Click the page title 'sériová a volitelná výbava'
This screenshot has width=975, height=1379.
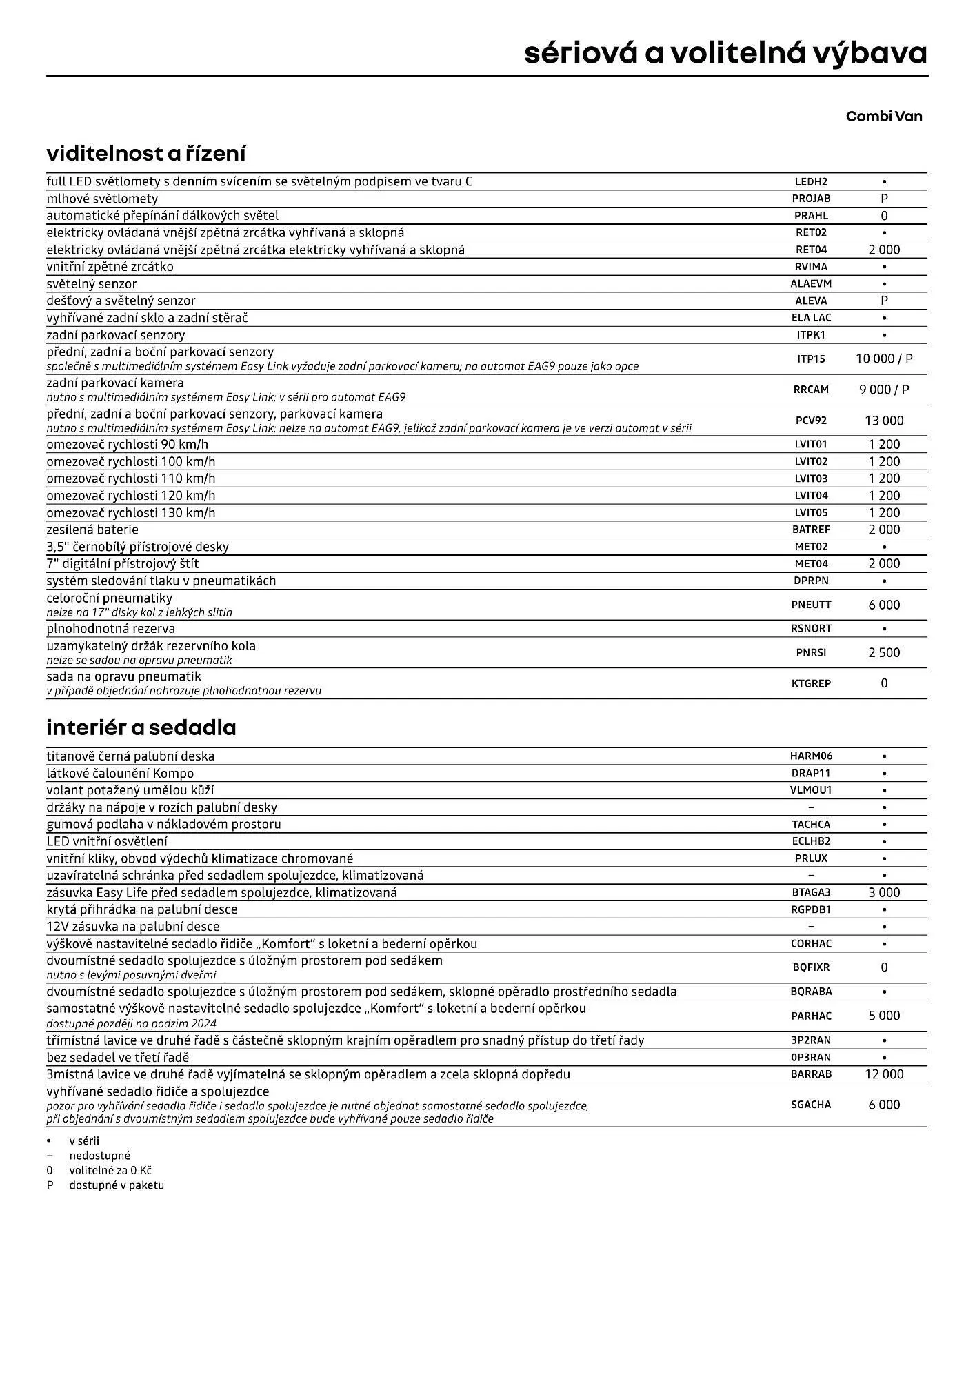point(725,53)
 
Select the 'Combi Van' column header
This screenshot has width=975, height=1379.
point(883,116)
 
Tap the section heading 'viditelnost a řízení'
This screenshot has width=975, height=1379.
point(145,153)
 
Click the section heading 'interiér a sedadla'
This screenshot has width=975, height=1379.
point(141,727)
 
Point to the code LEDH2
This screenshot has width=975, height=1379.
point(811,182)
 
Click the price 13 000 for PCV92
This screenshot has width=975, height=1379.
point(884,421)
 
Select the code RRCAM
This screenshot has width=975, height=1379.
point(811,390)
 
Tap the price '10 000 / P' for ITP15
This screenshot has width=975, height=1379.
point(884,359)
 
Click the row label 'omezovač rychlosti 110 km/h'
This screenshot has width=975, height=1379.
point(131,479)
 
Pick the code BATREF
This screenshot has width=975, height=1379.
point(811,530)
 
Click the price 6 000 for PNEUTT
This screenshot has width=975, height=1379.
point(884,605)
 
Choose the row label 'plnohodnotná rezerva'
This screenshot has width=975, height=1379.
point(110,629)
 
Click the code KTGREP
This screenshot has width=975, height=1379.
point(811,683)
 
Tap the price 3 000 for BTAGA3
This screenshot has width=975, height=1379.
point(884,892)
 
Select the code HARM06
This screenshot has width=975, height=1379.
point(811,756)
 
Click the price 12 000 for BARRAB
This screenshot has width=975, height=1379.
point(884,1074)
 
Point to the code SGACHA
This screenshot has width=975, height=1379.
point(811,1105)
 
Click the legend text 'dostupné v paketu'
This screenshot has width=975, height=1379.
point(116,1185)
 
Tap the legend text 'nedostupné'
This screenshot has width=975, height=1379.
point(99,1156)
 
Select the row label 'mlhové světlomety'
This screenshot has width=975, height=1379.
point(102,199)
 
